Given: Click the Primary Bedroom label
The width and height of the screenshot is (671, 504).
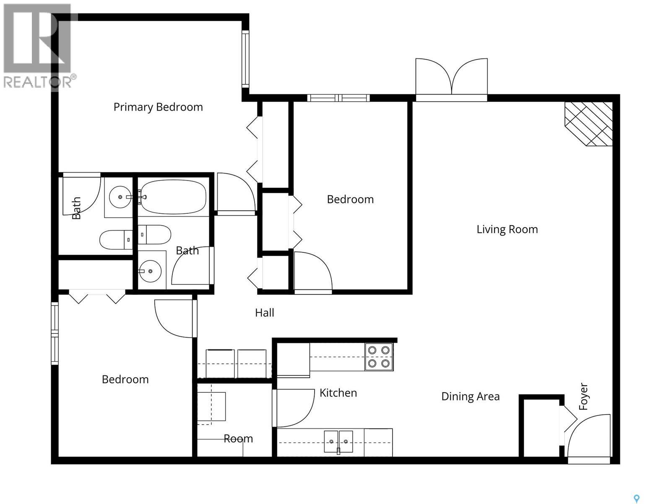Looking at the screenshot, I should click(158, 107).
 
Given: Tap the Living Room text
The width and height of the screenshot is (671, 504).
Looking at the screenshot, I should click(507, 229).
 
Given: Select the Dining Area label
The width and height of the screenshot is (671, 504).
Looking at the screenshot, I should click(470, 396).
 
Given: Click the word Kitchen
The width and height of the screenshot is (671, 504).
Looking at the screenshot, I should click(338, 393).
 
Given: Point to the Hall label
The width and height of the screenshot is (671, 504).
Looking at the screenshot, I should click(265, 312).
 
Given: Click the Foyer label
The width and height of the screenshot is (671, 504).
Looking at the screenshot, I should click(583, 396).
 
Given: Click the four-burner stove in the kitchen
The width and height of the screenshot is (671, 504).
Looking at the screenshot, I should click(379, 357).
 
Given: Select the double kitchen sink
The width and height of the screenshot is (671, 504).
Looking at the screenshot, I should click(338, 442).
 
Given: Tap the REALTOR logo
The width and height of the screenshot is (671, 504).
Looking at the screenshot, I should click(38, 46).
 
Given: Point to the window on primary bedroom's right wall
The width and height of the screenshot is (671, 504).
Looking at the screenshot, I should click(245, 59).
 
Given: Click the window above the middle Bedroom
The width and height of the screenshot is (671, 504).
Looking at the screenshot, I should click(338, 98).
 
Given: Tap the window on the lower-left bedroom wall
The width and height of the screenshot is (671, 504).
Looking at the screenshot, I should click(55, 333).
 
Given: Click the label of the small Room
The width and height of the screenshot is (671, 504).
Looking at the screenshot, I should click(238, 439).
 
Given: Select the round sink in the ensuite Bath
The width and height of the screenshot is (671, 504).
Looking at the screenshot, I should click(120, 197).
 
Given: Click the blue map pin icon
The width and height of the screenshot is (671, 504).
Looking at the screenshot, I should click(636, 499).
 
